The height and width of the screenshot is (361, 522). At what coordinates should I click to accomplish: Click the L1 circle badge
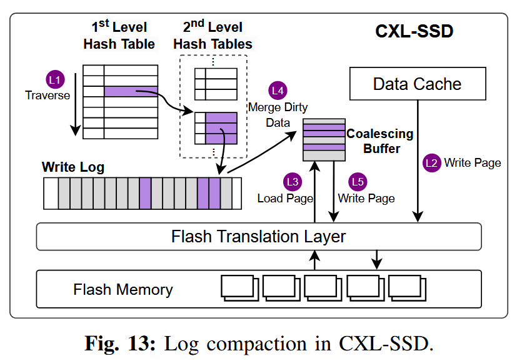(x=55, y=80)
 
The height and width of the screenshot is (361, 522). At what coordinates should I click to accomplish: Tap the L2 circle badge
(x=432, y=163)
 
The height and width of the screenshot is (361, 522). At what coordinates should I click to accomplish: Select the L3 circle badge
(x=292, y=182)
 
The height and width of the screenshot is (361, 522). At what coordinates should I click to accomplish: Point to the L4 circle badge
(x=278, y=91)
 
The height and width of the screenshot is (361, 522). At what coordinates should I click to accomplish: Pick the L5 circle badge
(x=358, y=182)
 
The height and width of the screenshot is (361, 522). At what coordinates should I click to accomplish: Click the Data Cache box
(x=417, y=84)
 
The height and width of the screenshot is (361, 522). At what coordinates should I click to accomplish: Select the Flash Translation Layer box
(x=259, y=237)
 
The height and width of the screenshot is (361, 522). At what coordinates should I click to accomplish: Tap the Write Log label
(x=73, y=167)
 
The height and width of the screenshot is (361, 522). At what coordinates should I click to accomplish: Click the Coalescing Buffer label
(x=380, y=141)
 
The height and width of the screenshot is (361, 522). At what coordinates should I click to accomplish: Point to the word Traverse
(x=48, y=96)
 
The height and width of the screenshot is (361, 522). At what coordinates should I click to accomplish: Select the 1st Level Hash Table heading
(x=119, y=36)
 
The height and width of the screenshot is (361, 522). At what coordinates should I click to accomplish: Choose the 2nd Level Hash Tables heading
(x=213, y=36)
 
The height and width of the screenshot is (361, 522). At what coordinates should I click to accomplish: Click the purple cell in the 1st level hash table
(x=131, y=92)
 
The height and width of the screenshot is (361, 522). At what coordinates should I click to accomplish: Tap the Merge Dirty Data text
(x=278, y=115)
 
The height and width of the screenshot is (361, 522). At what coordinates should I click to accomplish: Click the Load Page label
(x=285, y=198)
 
